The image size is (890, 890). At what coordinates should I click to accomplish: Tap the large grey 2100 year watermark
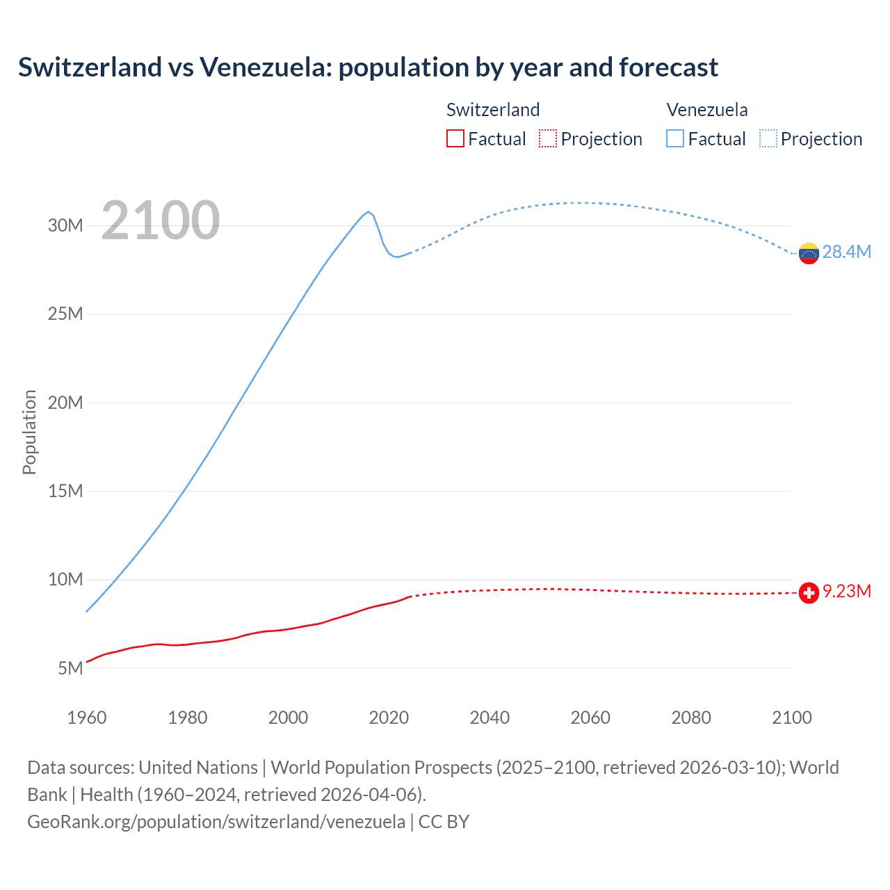tap(161, 220)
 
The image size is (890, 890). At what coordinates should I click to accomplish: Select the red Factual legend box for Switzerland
tap(455, 138)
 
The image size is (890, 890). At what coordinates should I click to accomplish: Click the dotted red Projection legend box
tap(548, 138)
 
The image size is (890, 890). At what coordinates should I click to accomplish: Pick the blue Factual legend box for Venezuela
tap(675, 138)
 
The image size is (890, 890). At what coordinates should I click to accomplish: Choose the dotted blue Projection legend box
tap(768, 138)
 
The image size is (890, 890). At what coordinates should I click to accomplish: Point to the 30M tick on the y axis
tap(65, 225)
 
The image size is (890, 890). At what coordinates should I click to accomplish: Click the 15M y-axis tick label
tap(65, 491)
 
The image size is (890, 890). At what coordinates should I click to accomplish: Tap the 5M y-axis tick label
tap(70, 668)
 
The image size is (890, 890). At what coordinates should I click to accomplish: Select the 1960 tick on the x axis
tap(87, 718)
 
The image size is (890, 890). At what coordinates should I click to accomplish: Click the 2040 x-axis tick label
tap(489, 718)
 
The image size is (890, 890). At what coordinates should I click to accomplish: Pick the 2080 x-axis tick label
tap(691, 718)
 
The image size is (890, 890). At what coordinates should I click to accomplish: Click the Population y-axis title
tap(29, 432)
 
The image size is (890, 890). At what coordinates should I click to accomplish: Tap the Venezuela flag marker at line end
tap(809, 254)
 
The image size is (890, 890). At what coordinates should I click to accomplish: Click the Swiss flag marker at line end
tap(809, 592)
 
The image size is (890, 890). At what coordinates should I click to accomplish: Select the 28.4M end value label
tap(846, 252)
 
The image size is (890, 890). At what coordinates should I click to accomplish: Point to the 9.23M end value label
tap(846, 591)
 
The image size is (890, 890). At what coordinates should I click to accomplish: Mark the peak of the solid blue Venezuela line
tap(369, 211)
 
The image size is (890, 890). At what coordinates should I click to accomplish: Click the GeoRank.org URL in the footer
tap(216, 822)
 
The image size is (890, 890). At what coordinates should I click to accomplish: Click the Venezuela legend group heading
tap(707, 110)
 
